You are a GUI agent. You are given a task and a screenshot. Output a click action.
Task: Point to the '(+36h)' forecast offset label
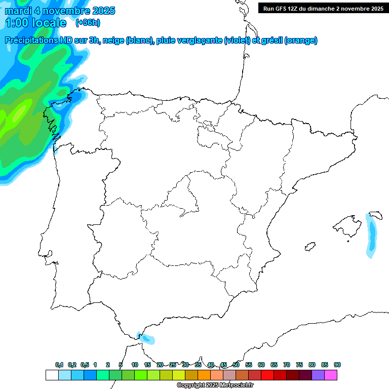tap(88, 22)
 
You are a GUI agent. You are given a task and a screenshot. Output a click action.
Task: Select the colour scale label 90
tap(337, 365)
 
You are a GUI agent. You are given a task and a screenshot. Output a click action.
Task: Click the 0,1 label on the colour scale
tap(59, 365)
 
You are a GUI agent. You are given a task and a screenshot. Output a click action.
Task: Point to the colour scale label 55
tap(249, 365)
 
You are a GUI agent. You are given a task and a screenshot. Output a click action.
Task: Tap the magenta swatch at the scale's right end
tap(331, 375)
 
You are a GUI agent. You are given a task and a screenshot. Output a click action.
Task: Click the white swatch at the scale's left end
tap(52, 375)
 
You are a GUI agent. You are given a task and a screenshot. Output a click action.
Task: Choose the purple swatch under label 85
tap(318, 375)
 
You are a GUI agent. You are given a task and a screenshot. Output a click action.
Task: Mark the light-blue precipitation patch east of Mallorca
tap(372, 234)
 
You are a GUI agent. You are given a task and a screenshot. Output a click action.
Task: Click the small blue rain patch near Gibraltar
tap(147, 338)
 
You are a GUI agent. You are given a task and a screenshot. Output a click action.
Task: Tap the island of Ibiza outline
tap(309, 246)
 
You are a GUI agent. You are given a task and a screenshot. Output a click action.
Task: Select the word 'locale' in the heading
tap(49, 23)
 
